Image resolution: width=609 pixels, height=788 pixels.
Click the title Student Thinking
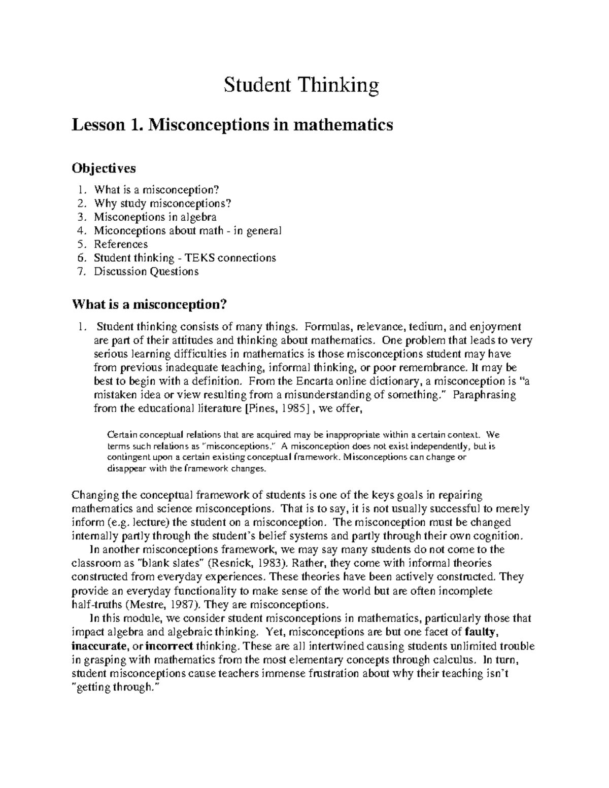coord(301,85)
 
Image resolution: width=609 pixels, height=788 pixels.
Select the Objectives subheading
coord(104,167)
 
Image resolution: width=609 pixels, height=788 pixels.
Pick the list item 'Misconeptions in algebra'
coord(155,217)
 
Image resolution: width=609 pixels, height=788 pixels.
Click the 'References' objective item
coord(121,244)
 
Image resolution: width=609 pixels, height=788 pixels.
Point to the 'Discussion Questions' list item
coord(146,271)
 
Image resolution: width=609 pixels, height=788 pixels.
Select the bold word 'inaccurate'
coord(99,646)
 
